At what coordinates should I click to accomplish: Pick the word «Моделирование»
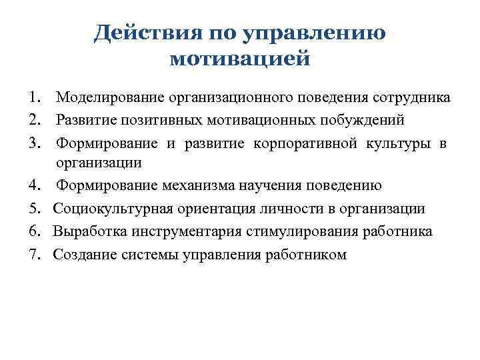point(111,98)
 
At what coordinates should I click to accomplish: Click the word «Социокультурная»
point(113,209)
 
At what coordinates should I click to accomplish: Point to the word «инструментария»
point(175,231)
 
